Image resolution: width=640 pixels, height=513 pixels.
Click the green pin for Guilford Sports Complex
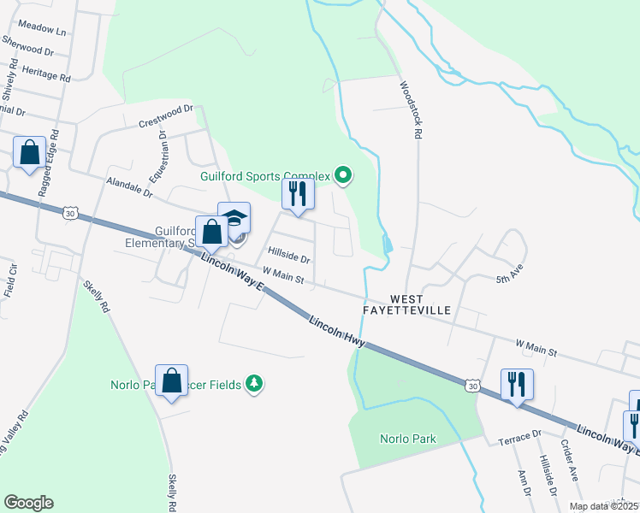(x=343, y=176)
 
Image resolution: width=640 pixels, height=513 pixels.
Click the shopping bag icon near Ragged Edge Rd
(x=30, y=154)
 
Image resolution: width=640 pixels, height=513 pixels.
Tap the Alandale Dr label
(x=128, y=187)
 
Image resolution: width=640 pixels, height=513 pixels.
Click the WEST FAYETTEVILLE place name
(x=419, y=305)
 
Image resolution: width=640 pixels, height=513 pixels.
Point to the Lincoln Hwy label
(x=338, y=332)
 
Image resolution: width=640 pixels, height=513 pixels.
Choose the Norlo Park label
(x=408, y=439)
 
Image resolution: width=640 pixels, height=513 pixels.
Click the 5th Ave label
(x=508, y=279)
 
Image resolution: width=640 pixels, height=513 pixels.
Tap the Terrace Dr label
(x=520, y=438)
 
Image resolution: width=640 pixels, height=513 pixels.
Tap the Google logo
(x=29, y=503)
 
